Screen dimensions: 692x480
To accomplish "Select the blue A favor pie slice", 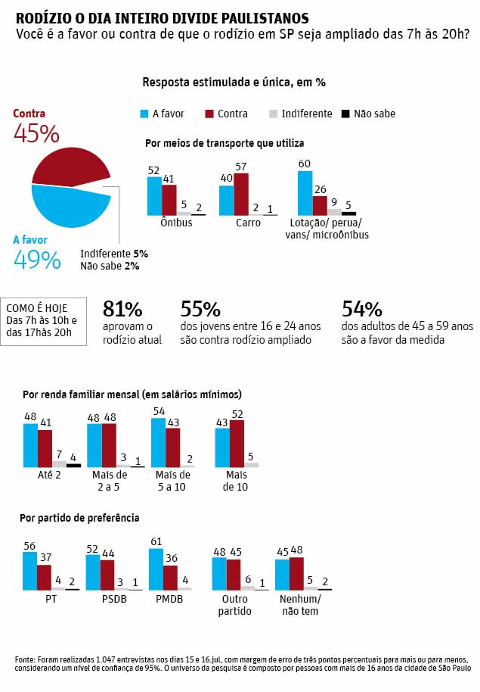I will [68, 204].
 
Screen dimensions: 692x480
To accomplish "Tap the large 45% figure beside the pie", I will [36, 134].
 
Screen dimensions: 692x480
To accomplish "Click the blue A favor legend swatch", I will [143, 114].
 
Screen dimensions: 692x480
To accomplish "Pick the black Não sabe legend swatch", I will [345, 114].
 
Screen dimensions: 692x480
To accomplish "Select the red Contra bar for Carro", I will [241, 195].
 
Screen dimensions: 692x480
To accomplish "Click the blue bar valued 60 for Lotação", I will [305, 193].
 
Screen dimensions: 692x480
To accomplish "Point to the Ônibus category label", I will [176, 223].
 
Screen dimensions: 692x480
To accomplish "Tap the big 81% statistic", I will [122, 309].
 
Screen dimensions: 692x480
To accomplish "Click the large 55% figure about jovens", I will [200, 309].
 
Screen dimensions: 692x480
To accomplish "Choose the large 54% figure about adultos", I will [362, 309].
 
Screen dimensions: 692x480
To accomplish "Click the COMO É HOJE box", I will [47, 320].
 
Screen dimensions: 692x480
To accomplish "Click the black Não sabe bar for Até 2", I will [73, 465].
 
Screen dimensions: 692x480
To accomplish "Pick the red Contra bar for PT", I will [45, 577].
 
